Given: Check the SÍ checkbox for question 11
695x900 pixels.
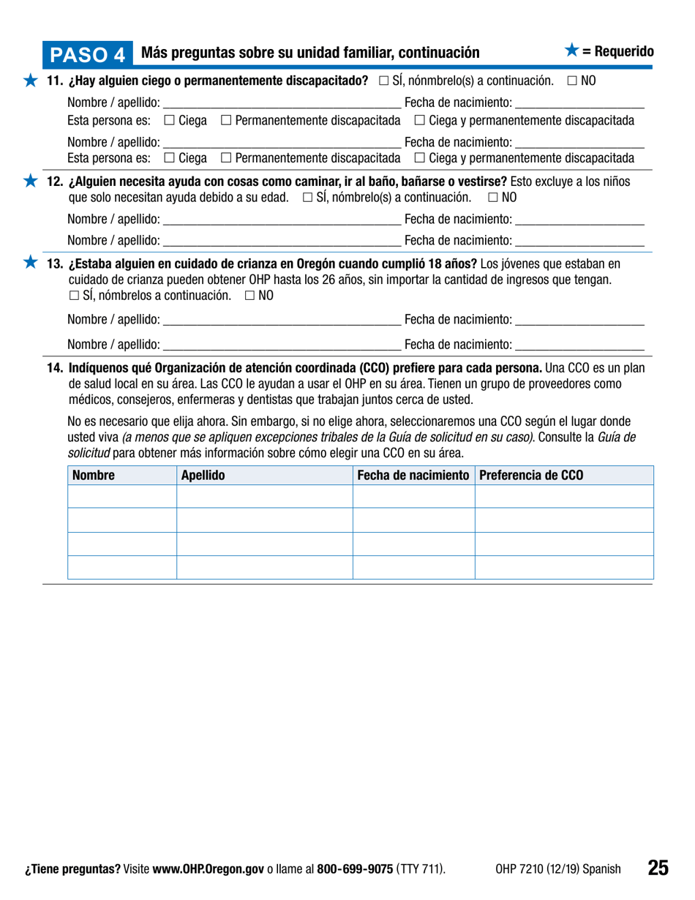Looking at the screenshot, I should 384,80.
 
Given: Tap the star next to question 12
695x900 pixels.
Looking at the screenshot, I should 29,181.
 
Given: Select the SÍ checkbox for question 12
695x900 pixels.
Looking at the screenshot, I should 308,198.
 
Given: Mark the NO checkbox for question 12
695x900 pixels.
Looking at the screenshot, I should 492,198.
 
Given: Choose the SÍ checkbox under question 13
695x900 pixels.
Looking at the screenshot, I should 75,296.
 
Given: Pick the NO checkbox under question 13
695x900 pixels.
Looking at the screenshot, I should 250,296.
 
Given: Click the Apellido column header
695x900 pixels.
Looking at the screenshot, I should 203,476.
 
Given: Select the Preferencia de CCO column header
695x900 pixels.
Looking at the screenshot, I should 530,476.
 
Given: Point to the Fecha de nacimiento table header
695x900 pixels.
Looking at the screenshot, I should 413,476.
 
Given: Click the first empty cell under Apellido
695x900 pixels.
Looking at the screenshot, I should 264,498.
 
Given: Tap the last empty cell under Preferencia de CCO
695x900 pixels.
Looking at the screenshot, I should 563,568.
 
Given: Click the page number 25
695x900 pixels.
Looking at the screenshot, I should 657,869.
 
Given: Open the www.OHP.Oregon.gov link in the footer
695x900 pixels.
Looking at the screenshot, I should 208,870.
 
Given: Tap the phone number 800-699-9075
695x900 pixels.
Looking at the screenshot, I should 355,870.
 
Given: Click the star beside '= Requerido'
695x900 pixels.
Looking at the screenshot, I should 572,50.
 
